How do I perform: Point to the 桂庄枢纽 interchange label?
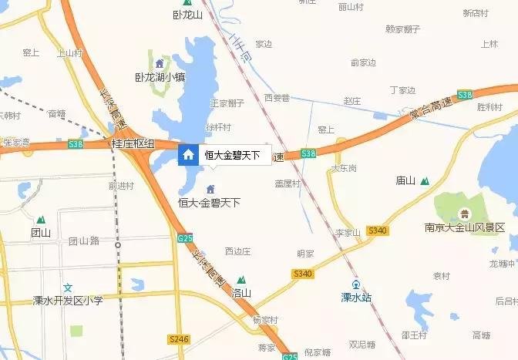pos(133,143)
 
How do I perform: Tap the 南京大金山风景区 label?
pos(464,227)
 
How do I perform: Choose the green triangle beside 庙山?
pos(425,181)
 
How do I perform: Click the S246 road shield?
pos(178,338)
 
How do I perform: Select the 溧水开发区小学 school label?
pos(68,300)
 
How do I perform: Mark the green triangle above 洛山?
pos(241,280)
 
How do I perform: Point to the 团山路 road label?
pos(84,241)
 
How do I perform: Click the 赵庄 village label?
pos(352,101)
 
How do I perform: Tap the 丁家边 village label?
pos(402,89)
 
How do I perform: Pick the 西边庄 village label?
pos(238,251)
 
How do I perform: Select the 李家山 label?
pos(348,232)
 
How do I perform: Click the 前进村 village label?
pos(121,186)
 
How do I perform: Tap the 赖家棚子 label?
pos(402,29)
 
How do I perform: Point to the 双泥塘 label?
pos(362,344)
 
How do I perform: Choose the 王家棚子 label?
pos(227,103)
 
